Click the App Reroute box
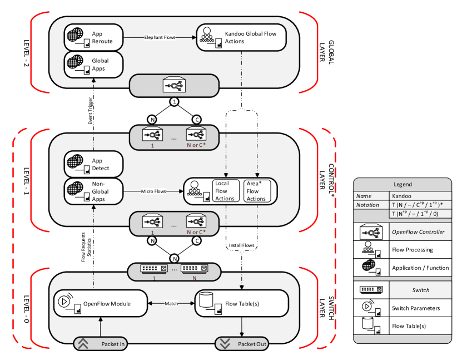[x=93, y=38]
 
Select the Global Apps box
[x=93, y=65]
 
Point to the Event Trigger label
[x=91, y=110]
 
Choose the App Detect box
[x=93, y=165]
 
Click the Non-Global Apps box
[x=93, y=191]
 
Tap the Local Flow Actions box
[x=225, y=191]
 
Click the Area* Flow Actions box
[x=256, y=191]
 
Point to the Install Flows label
[x=241, y=245]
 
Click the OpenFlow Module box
[x=100, y=303]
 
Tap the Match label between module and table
[x=171, y=303]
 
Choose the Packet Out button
[x=241, y=344]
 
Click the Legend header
[x=402, y=184]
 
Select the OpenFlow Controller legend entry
[x=402, y=231]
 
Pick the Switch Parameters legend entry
[x=402, y=308]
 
